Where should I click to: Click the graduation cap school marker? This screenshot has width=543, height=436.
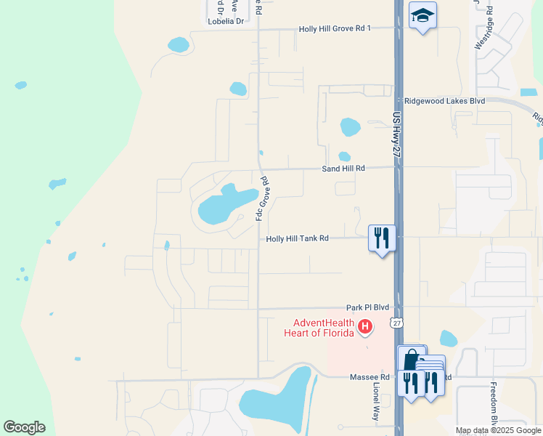[422, 15]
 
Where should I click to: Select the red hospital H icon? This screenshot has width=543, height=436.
[366, 328]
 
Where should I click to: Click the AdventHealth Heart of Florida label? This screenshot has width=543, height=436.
[324, 328]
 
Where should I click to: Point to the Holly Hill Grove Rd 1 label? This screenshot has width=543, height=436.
[335, 29]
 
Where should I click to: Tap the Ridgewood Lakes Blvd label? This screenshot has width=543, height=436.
[444, 101]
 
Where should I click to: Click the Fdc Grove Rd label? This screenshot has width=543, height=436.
[262, 198]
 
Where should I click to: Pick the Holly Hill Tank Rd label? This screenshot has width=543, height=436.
[298, 238]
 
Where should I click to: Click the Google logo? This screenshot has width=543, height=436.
[24, 427]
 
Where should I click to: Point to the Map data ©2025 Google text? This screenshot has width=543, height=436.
[497, 430]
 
